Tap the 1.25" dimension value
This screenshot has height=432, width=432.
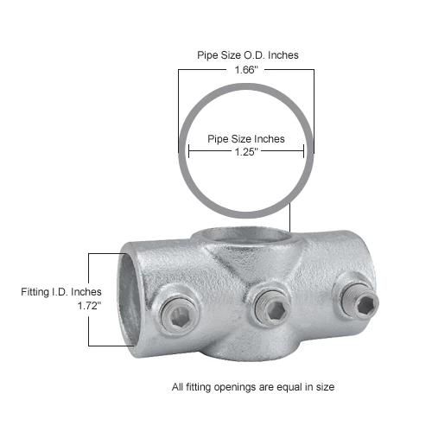click(x=245, y=152)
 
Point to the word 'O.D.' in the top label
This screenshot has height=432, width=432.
click(x=262, y=54)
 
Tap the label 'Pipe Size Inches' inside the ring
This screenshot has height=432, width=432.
click(x=245, y=138)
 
